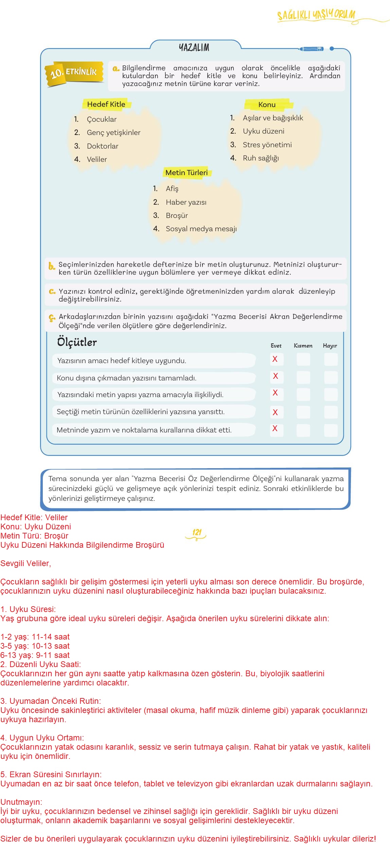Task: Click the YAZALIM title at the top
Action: tap(194, 47)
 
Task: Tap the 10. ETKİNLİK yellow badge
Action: tap(74, 72)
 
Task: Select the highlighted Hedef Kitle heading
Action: tap(106, 104)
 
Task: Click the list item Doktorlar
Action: tap(102, 146)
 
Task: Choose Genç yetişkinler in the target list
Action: tap(113, 133)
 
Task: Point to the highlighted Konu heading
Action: tap(267, 105)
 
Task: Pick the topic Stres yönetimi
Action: tap(267, 145)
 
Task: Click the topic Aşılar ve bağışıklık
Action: tap(273, 118)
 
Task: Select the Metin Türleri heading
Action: tap(187, 173)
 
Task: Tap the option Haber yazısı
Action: tap(186, 202)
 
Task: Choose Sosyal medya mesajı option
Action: tap(201, 229)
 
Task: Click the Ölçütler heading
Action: tap(77, 342)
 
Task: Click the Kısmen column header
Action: tap(303, 346)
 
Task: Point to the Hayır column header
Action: tap(330, 346)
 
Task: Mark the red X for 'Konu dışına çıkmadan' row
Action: tap(276, 376)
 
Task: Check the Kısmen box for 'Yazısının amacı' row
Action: tap(303, 359)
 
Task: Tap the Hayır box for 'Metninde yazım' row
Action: tap(331, 430)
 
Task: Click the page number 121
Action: tap(197, 532)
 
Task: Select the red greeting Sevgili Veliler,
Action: tap(26, 563)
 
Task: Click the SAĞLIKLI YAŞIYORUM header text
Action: tap(316, 15)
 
